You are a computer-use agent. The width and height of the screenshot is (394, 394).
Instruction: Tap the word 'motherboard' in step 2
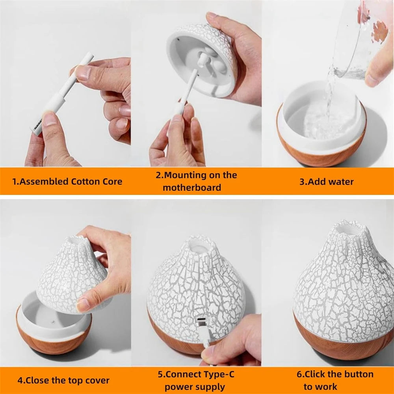point(192,188)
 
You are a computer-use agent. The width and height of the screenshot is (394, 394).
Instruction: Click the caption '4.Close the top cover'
point(63,381)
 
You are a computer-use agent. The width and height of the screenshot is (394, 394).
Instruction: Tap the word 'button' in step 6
point(357,374)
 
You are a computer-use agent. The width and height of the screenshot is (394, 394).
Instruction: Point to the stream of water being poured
point(328,95)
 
